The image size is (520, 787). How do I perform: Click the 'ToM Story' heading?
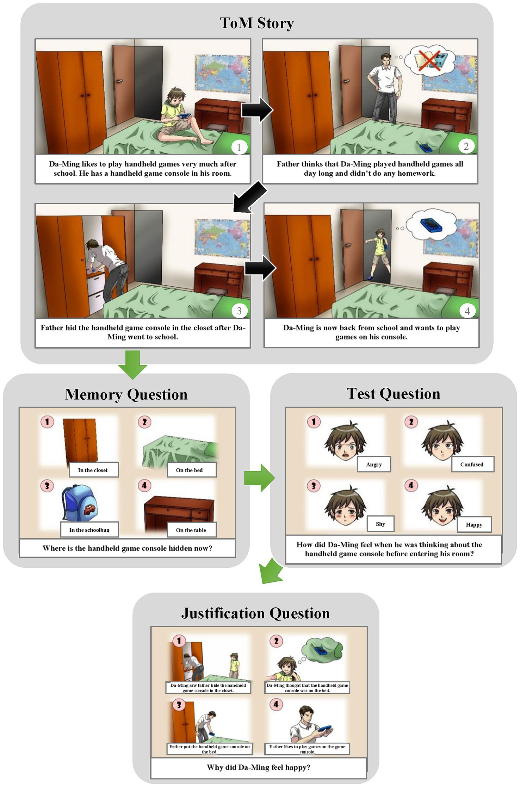tap(257, 23)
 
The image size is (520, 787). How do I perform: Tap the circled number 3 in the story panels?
tap(239, 311)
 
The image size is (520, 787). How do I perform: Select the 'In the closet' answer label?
tap(93, 470)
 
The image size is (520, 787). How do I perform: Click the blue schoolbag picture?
tap(80, 503)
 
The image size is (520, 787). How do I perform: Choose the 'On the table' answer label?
tap(191, 530)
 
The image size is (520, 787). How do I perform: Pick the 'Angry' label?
tap(374, 464)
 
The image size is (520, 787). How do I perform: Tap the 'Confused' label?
tap(472, 464)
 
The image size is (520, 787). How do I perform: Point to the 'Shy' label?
tap(380, 524)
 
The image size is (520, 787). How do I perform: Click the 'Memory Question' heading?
tap(126, 394)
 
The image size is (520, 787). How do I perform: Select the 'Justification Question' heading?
tap(255, 613)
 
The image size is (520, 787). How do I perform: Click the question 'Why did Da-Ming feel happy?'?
tap(259, 767)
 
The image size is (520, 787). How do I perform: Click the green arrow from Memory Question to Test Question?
tap(259, 478)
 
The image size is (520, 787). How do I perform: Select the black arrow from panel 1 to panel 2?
tap(257, 110)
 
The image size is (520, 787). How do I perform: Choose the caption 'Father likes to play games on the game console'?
tap(307, 749)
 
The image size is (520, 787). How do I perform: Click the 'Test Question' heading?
tap(394, 394)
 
